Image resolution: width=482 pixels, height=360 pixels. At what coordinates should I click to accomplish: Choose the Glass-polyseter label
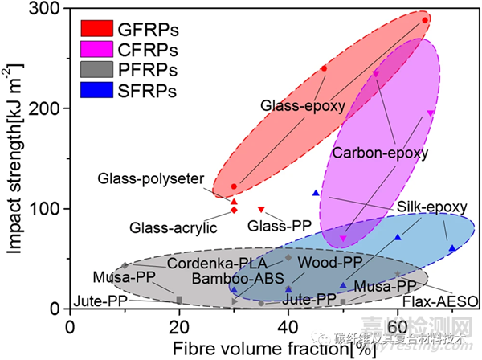(x=151, y=178)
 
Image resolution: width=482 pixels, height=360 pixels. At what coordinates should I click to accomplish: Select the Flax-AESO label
(x=440, y=301)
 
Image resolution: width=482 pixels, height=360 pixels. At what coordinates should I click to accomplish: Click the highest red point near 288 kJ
(x=425, y=20)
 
